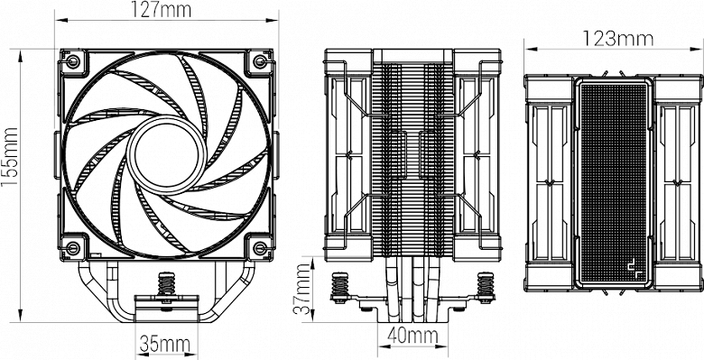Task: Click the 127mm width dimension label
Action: coord(162,9)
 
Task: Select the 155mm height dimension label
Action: coord(9,158)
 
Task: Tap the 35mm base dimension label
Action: coord(165,345)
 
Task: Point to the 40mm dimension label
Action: coord(412,336)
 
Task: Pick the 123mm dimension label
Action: coord(617,39)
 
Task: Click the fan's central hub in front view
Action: coord(167,155)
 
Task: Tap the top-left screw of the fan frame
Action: coord(72,61)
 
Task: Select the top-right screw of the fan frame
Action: coord(260,61)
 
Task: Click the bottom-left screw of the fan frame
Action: coord(72,247)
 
